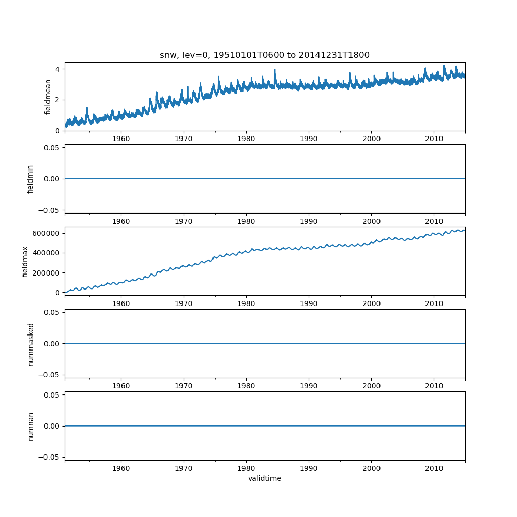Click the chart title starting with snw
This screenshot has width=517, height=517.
click(264, 55)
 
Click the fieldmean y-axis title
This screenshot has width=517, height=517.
click(48, 97)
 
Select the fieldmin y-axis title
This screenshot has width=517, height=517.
click(31, 179)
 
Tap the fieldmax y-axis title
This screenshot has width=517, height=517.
click(25, 261)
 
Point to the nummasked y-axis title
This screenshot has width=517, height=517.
click(31, 344)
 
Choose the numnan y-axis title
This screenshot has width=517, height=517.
click(31, 426)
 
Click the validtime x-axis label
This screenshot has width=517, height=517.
click(264, 479)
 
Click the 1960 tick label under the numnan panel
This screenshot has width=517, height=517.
click(121, 468)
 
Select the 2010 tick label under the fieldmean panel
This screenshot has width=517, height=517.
click(434, 139)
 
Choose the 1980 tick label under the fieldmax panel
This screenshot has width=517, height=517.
click(246, 304)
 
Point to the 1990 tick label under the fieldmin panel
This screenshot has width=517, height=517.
click(309, 221)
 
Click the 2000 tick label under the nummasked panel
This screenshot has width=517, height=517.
click(371, 386)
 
